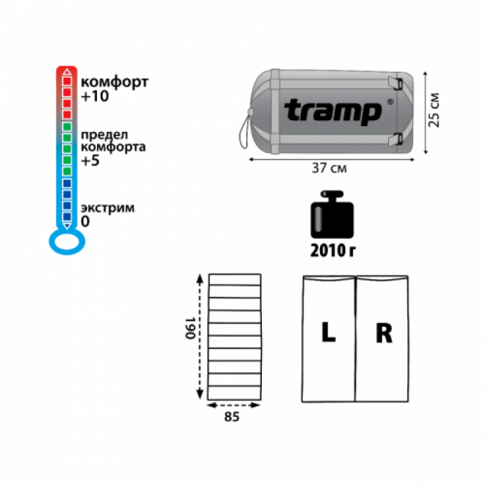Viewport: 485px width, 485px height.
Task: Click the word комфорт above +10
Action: tap(115, 83)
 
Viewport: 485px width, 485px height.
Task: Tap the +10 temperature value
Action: tap(95, 96)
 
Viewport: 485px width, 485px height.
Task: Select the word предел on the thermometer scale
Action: tap(104, 135)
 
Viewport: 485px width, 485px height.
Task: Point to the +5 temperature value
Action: tap(90, 160)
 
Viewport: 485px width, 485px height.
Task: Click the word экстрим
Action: tap(107, 208)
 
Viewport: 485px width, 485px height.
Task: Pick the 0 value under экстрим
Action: tap(85, 222)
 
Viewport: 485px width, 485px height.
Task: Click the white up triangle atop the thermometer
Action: tap(67, 72)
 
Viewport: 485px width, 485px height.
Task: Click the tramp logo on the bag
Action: tap(333, 112)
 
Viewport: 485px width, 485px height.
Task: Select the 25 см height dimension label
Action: tap(434, 110)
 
